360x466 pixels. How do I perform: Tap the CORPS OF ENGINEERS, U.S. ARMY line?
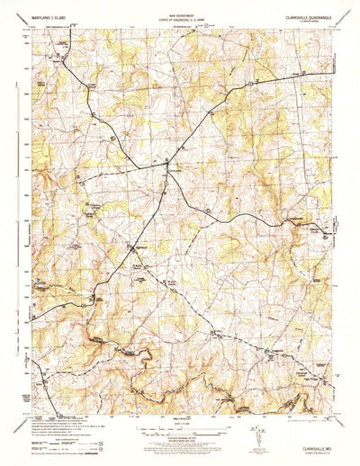coord(180,20)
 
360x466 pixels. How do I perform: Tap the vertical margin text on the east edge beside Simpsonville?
coord(335,236)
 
